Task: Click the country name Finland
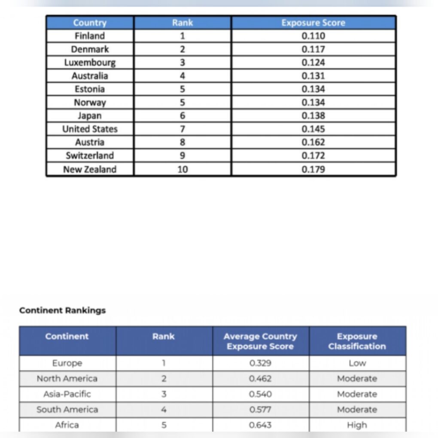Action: pyautogui.click(x=90, y=36)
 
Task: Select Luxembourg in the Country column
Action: pyautogui.click(x=90, y=62)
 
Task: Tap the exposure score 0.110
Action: pyautogui.click(x=313, y=36)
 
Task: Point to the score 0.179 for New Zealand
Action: pyautogui.click(x=313, y=169)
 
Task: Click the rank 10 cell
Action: pyautogui.click(x=182, y=169)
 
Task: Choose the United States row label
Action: pyautogui.click(x=90, y=129)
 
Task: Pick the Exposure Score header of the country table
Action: pyautogui.click(x=313, y=23)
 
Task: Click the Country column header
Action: pyautogui.click(x=90, y=23)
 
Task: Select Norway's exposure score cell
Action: pyautogui.click(x=313, y=102)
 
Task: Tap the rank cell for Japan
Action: pyautogui.click(x=182, y=116)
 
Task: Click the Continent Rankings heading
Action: pyautogui.click(x=62, y=310)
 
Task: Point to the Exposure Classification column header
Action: pyautogui.click(x=357, y=341)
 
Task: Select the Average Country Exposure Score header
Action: pyautogui.click(x=260, y=341)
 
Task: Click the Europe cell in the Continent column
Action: pyautogui.click(x=67, y=363)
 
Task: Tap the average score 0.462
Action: pyautogui.click(x=260, y=379)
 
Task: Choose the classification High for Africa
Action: pyautogui.click(x=357, y=425)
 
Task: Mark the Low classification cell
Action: pyautogui.click(x=357, y=363)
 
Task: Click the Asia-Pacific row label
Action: pyautogui.click(x=67, y=394)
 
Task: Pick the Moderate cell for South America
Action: pyautogui.click(x=357, y=410)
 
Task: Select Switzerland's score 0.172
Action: pyautogui.click(x=313, y=155)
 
